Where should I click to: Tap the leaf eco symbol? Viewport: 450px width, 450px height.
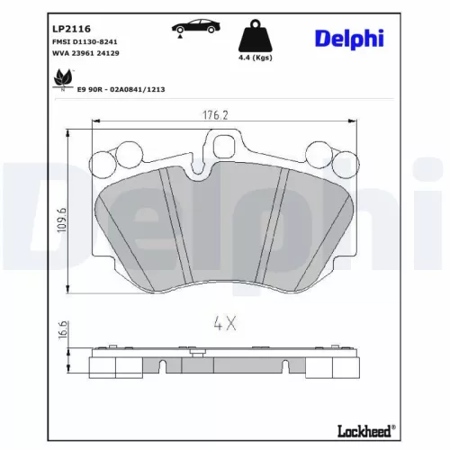click(62, 82)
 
